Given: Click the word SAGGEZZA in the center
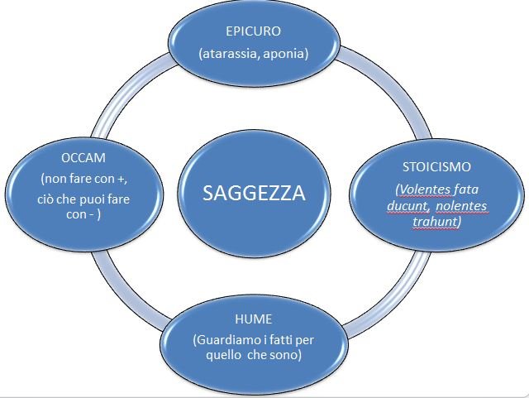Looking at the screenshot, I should [x=254, y=194].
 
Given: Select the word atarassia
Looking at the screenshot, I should [x=228, y=55].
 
